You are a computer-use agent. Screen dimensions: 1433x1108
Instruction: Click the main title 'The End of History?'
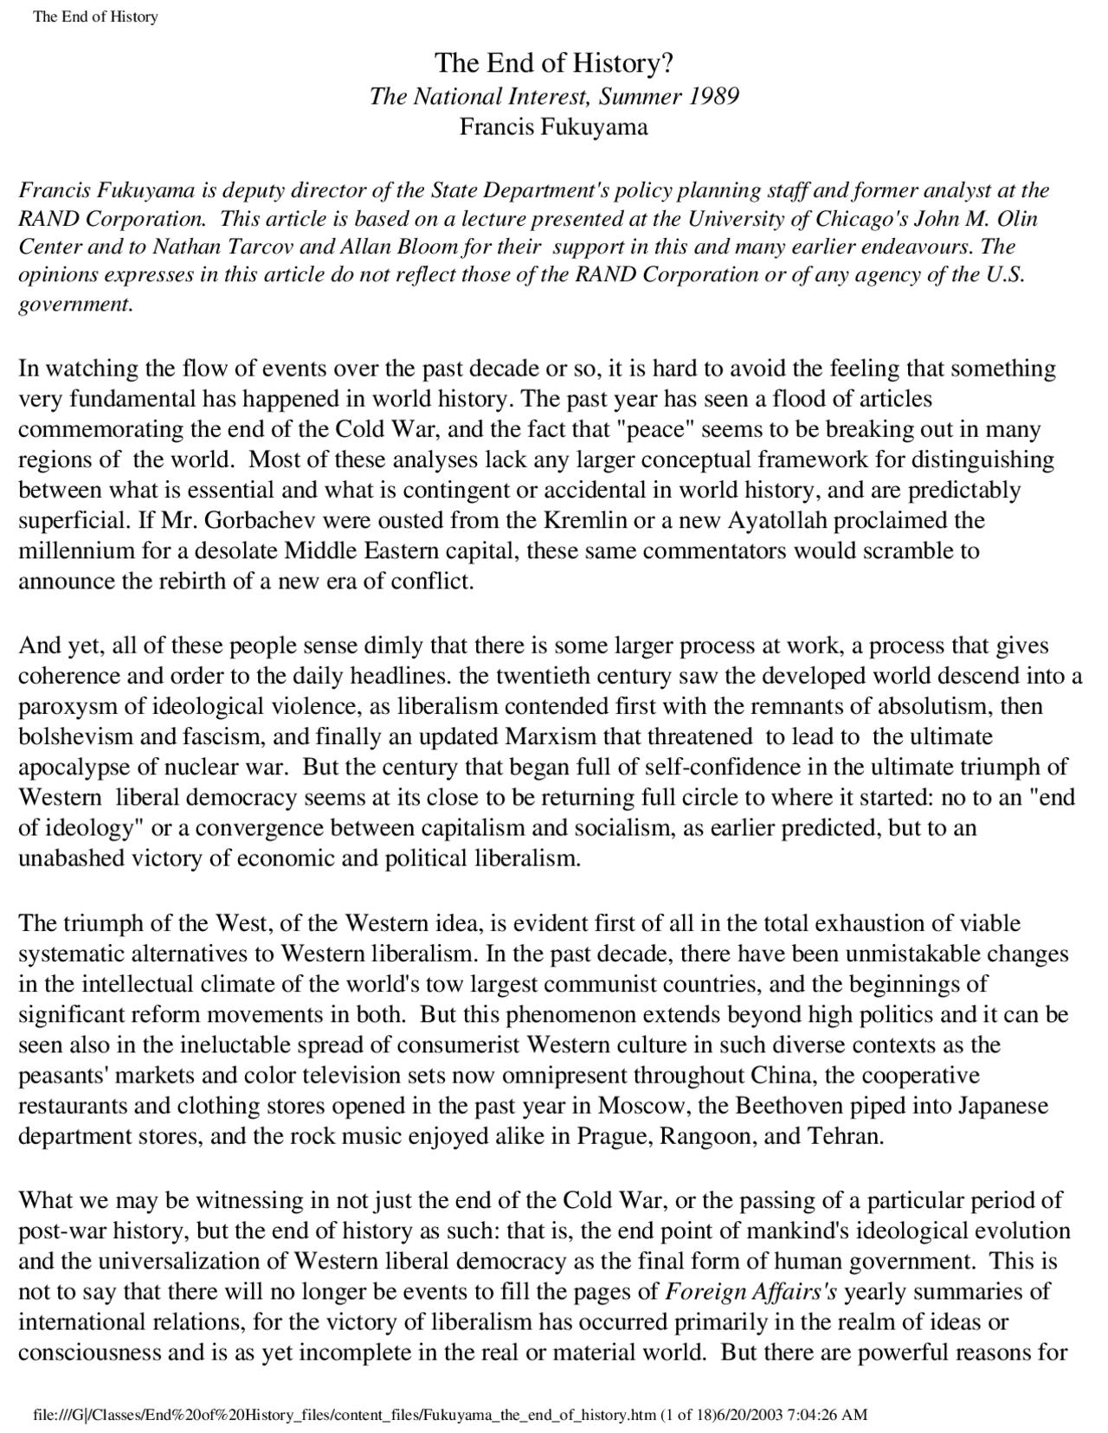[553, 63]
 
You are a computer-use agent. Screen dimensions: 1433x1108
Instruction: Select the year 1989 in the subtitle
[714, 95]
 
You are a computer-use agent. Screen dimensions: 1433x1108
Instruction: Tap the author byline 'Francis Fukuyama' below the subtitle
[553, 127]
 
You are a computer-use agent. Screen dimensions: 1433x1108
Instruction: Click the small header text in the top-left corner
[95, 16]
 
